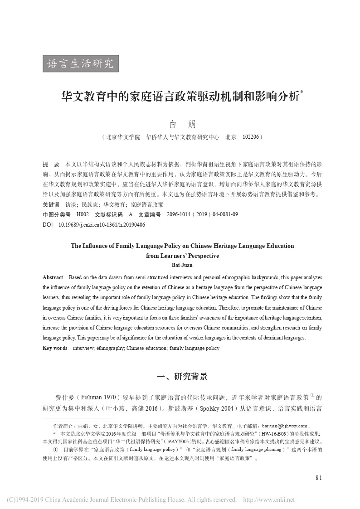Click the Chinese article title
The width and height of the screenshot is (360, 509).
pos(180,97)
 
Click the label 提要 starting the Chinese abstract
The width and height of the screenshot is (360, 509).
pos(50,163)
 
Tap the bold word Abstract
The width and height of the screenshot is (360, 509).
pos(53,277)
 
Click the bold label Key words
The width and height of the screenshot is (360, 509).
pos(55,348)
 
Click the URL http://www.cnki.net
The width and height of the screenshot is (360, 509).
pos(269,500)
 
